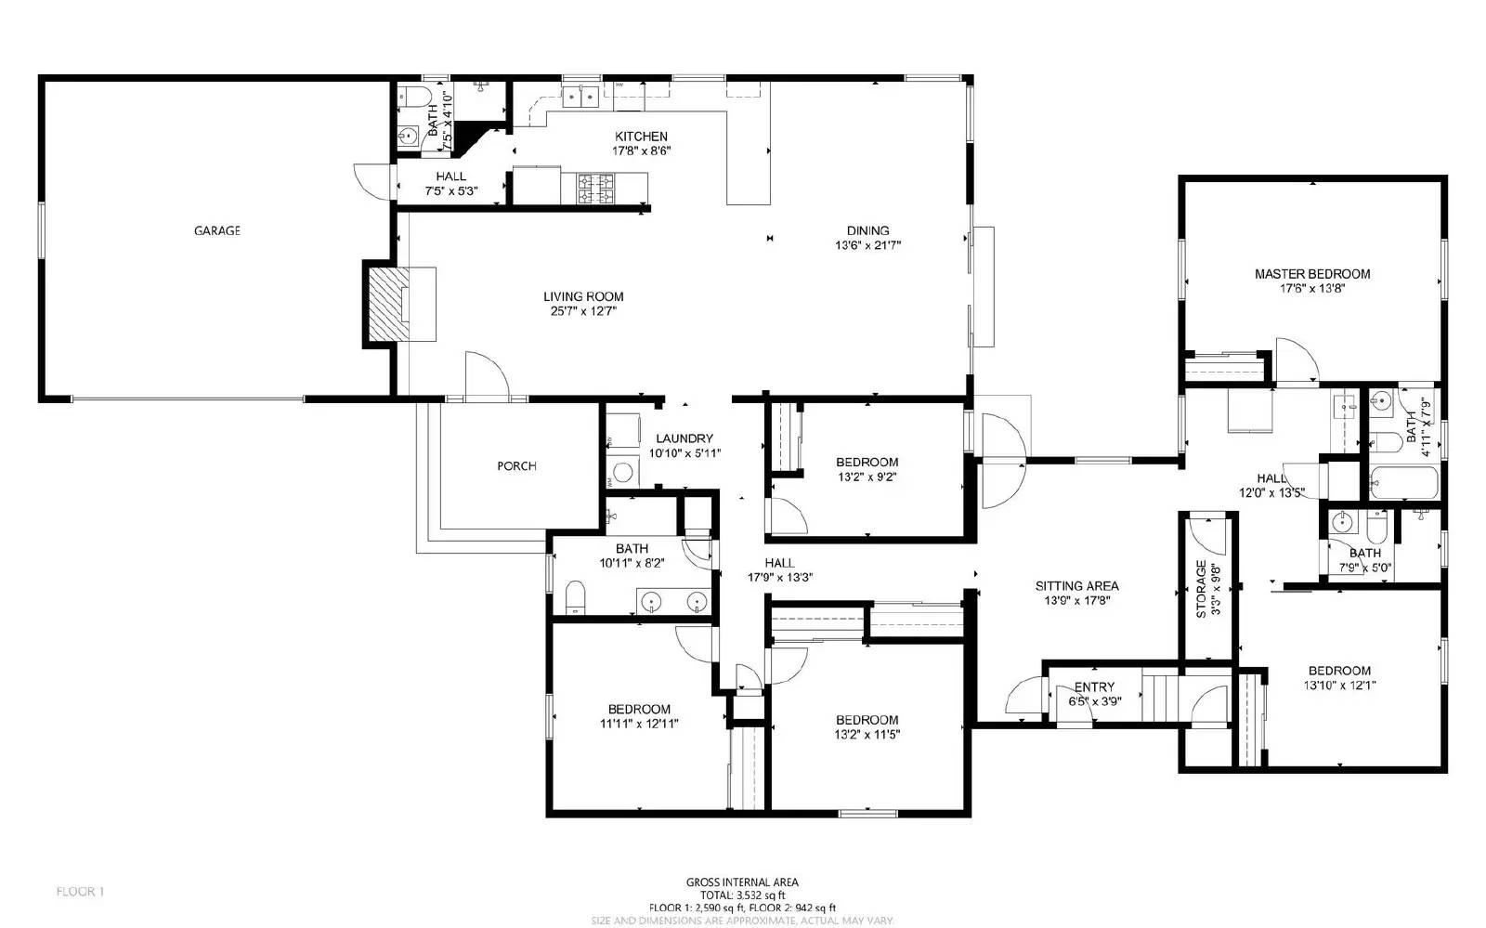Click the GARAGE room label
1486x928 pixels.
pyautogui.click(x=216, y=230)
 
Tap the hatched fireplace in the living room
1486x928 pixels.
pyautogui.click(x=384, y=304)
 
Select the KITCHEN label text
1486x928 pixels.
pyautogui.click(x=641, y=137)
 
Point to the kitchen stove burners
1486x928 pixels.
pyautogui.click(x=595, y=190)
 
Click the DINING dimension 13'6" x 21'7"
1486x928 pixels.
pyautogui.click(x=867, y=246)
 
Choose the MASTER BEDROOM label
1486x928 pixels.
pyautogui.click(x=1311, y=274)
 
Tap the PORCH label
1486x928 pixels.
pyautogui.click(x=515, y=466)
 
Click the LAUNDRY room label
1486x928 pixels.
pyautogui.click(x=684, y=438)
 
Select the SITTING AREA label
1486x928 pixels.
pyautogui.click(x=1076, y=586)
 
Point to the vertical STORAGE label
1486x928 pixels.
pyautogui.click(x=1200, y=589)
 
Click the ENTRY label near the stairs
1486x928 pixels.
pyautogui.click(x=1094, y=687)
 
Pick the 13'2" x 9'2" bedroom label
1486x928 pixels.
pyautogui.click(x=867, y=463)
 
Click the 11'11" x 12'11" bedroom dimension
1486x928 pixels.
pyautogui.click(x=639, y=724)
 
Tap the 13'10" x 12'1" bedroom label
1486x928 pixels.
pyautogui.click(x=1339, y=671)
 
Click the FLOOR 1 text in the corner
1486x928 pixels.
pyautogui.click(x=80, y=892)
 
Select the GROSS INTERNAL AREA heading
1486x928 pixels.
pyautogui.click(x=742, y=882)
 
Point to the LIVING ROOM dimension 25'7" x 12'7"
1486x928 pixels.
pyautogui.click(x=583, y=311)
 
